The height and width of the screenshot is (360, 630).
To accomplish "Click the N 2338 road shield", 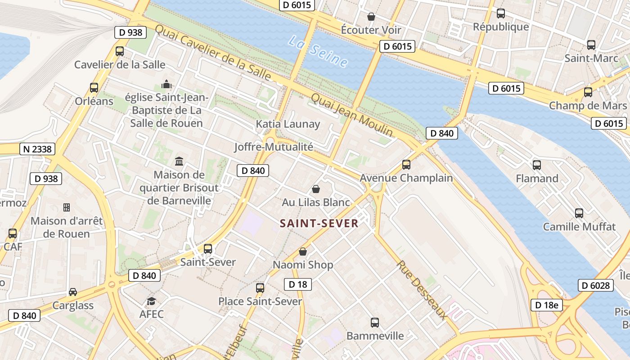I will tap(37, 149).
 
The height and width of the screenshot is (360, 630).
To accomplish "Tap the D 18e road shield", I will tap(547, 305).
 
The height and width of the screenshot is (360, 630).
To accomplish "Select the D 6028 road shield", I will tap(595, 285).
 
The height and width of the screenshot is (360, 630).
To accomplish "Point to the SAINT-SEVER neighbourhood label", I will tap(319, 224).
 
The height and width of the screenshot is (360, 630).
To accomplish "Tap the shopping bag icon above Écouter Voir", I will tap(371, 17).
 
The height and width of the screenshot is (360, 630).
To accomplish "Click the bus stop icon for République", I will tap(501, 13).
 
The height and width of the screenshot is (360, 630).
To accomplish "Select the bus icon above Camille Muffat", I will tap(579, 213).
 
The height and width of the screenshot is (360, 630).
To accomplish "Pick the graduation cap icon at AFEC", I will tap(151, 301).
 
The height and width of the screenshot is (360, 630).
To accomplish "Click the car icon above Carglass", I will tap(73, 292).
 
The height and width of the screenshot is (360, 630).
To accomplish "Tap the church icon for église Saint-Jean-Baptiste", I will tap(166, 84).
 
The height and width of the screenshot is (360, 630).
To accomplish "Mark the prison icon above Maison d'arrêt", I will tap(67, 207).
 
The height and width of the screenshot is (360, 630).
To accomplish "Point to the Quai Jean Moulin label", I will tap(352, 115).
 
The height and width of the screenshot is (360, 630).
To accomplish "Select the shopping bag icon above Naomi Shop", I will tap(303, 252).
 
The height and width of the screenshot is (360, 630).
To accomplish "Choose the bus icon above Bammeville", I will tap(375, 322).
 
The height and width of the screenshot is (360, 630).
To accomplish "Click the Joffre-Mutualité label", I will tap(274, 147).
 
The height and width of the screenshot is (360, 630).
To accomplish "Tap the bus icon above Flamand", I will tap(537, 165).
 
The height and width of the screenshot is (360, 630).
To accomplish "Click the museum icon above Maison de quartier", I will tap(179, 161).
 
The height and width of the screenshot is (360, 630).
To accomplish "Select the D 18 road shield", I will tap(298, 284).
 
